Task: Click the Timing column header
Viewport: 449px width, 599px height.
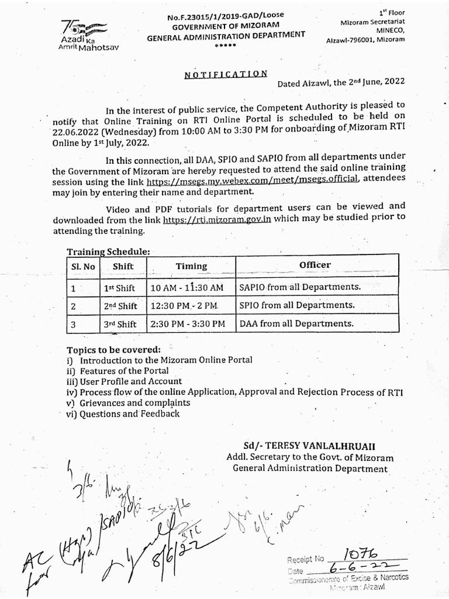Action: click(x=191, y=266)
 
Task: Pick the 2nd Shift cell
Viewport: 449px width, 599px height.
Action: click(x=120, y=306)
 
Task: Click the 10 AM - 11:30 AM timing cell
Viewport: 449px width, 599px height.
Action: click(x=186, y=288)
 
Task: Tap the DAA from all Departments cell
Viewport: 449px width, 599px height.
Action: click(x=296, y=323)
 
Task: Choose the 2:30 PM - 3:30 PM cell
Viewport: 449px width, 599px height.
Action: click(x=187, y=324)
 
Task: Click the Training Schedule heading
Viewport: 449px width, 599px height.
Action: click(x=108, y=252)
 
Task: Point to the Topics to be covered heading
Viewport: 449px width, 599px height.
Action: click(x=113, y=350)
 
